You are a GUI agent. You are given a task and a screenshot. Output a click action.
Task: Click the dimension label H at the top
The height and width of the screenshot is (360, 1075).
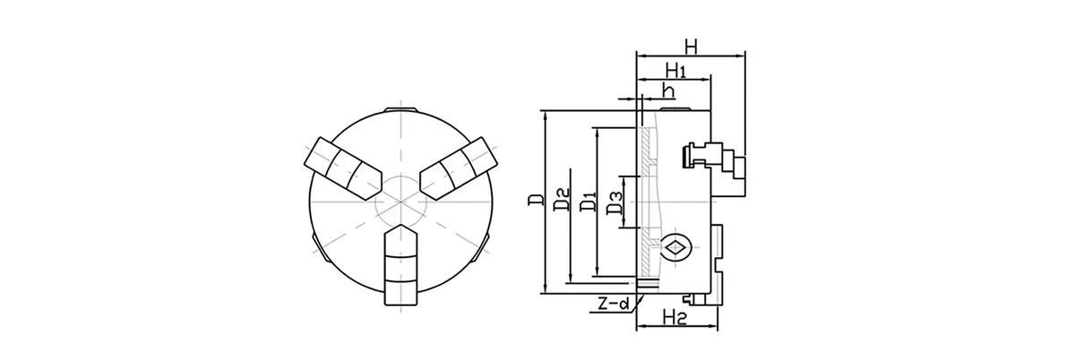(691, 47)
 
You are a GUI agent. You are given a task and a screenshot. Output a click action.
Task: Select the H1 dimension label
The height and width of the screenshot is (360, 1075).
(675, 71)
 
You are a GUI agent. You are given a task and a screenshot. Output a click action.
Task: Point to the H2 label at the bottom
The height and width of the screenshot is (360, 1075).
(674, 317)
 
